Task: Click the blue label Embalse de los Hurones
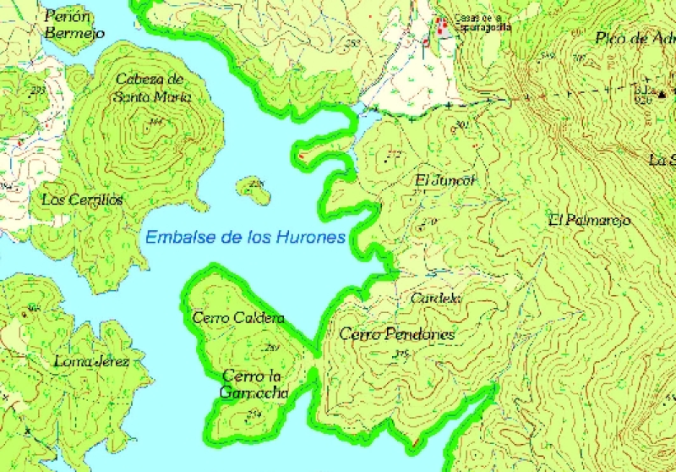click(245, 238)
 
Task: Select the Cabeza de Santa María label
click(150, 87)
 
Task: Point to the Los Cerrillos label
click(82, 200)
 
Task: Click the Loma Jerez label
click(91, 362)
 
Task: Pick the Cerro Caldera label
click(238, 319)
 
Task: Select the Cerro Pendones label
click(397, 334)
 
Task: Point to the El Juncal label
click(446, 180)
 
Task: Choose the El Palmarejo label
click(589, 220)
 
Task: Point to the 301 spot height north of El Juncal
click(461, 126)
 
